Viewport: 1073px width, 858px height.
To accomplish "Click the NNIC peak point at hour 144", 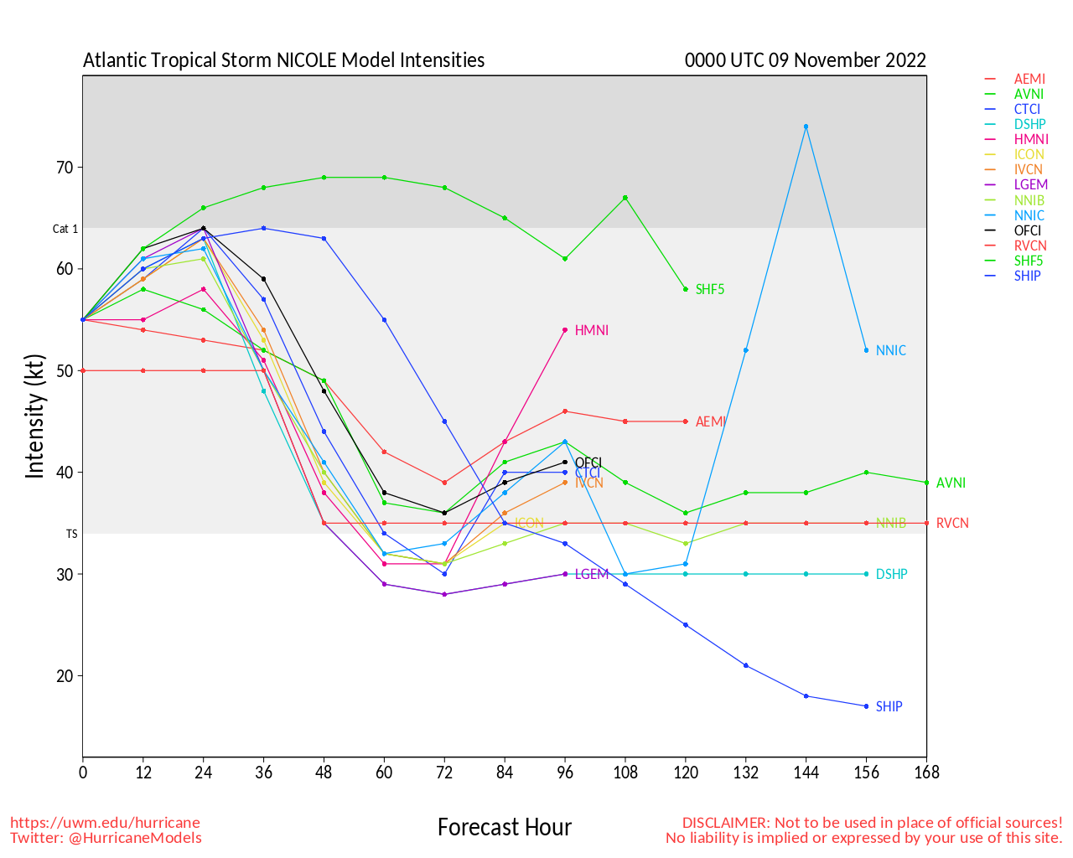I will (x=806, y=127).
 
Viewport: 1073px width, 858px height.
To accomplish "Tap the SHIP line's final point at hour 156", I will (x=866, y=706).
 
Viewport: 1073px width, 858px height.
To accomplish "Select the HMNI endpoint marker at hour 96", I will (x=565, y=330).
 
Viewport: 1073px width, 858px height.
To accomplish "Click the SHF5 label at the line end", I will (x=709, y=290).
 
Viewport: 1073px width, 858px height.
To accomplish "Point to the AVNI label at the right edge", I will (x=951, y=483).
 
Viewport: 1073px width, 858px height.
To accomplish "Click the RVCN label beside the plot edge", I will (x=952, y=524).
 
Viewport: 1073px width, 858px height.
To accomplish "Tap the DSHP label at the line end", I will (x=891, y=575).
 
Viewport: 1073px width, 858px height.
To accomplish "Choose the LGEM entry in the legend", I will (x=1030, y=185).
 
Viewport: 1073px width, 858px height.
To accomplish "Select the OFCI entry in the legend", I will (x=1028, y=230).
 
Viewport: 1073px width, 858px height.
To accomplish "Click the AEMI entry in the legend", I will (x=1029, y=80).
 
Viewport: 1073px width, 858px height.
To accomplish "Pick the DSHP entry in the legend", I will (x=1029, y=125).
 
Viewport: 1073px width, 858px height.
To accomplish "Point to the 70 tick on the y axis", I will (x=65, y=168).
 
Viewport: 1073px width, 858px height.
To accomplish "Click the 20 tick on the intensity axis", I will (x=65, y=676).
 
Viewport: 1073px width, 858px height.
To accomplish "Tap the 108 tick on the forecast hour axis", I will (x=625, y=773).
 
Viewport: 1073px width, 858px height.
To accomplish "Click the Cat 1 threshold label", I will (x=65, y=229).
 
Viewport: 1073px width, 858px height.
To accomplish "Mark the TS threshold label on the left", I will (x=71, y=534).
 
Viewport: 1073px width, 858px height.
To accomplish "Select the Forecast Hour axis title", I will (x=504, y=828).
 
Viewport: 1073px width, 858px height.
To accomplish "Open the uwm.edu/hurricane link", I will (x=105, y=823).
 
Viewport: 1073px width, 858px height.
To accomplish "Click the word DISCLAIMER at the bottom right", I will (x=725, y=823).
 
